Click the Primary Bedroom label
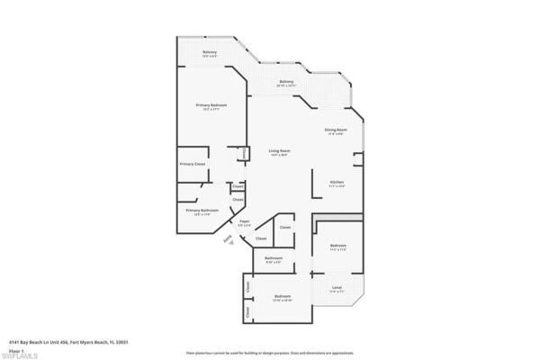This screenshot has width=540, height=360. coord(211,105)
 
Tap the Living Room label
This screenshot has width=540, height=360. coord(279,150)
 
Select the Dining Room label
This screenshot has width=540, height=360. coord(337,130)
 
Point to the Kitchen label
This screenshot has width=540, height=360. coord(336,181)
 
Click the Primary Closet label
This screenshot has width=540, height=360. coord(193,164)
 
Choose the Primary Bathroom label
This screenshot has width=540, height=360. coord(203,210)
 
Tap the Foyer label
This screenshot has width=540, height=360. coord(244,220)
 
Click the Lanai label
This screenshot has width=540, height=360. coord(337,287)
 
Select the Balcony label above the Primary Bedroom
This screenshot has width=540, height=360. coord(210,52)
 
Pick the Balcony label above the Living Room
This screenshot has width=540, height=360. coord(286,82)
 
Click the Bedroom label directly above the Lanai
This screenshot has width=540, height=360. coord(338,245)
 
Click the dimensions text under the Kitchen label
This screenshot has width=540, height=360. coord(336,185)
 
